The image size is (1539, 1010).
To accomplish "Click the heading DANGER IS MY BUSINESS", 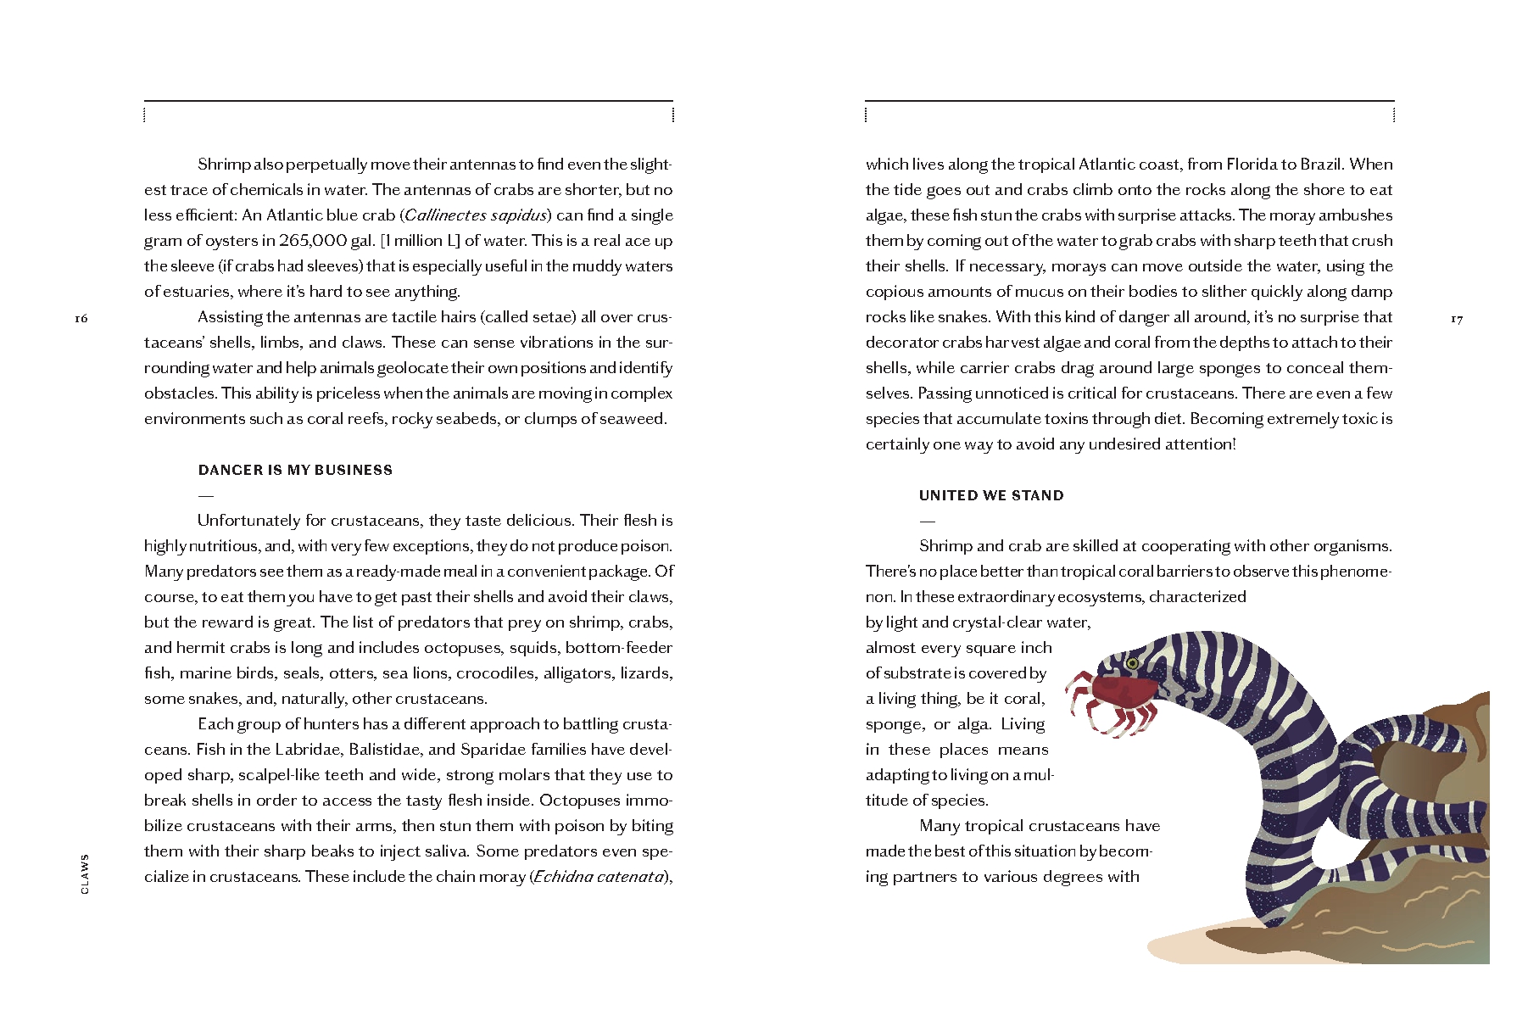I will coord(295,470).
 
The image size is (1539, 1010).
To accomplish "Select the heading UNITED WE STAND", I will coord(991,495).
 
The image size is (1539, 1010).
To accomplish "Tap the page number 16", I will coord(81,319).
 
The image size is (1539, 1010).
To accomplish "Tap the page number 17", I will coord(1456,319).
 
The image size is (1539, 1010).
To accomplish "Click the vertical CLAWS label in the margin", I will coord(84,873).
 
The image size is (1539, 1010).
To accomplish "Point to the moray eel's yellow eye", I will coord(1132,663).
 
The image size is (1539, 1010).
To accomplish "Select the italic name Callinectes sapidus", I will coord(477,215).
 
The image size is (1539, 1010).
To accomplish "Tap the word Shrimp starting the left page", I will coord(224,165).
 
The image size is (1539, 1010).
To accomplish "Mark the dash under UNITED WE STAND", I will coord(928,521).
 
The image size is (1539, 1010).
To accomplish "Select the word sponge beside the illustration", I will coord(895,724).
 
